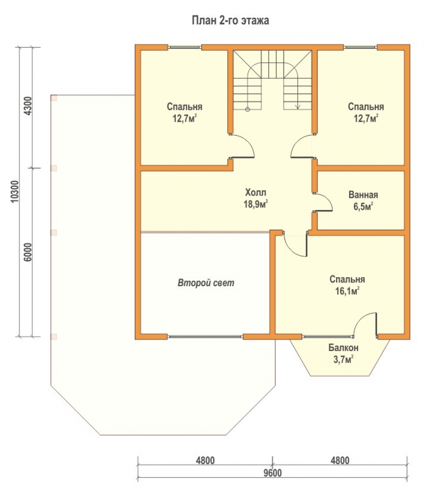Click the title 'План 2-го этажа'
[230, 20]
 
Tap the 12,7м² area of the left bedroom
[185, 119]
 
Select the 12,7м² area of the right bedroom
[366, 119]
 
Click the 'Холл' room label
[256, 192]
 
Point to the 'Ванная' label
[363, 195]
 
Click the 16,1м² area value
[348, 291]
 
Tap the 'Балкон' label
[344, 348]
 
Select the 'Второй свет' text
[206, 283]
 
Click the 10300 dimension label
[15, 192]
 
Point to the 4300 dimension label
[28, 106]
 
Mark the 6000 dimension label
[28, 252]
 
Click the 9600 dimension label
[273, 473]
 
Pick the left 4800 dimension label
[205, 460]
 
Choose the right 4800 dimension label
[340, 460]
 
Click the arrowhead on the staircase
[298, 107]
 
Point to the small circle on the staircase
[248, 109]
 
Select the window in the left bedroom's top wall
[184, 48]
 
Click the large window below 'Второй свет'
[205, 337]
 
